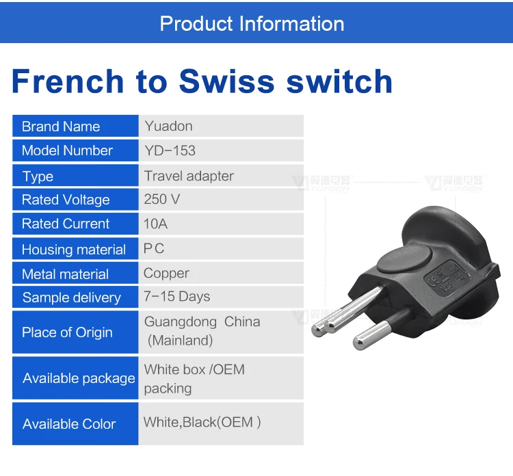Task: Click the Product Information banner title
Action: coord(252,23)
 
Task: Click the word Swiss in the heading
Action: coord(226,81)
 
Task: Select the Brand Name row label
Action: coord(61,127)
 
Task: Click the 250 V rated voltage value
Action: coord(162,200)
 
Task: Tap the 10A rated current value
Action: coord(156,224)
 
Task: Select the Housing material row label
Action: coord(74,250)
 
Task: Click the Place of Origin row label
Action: coord(67,332)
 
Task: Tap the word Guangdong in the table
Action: coord(175,321)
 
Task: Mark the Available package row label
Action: coord(79,378)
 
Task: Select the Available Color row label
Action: coord(69,424)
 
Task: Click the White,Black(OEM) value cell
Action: coord(202,422)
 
